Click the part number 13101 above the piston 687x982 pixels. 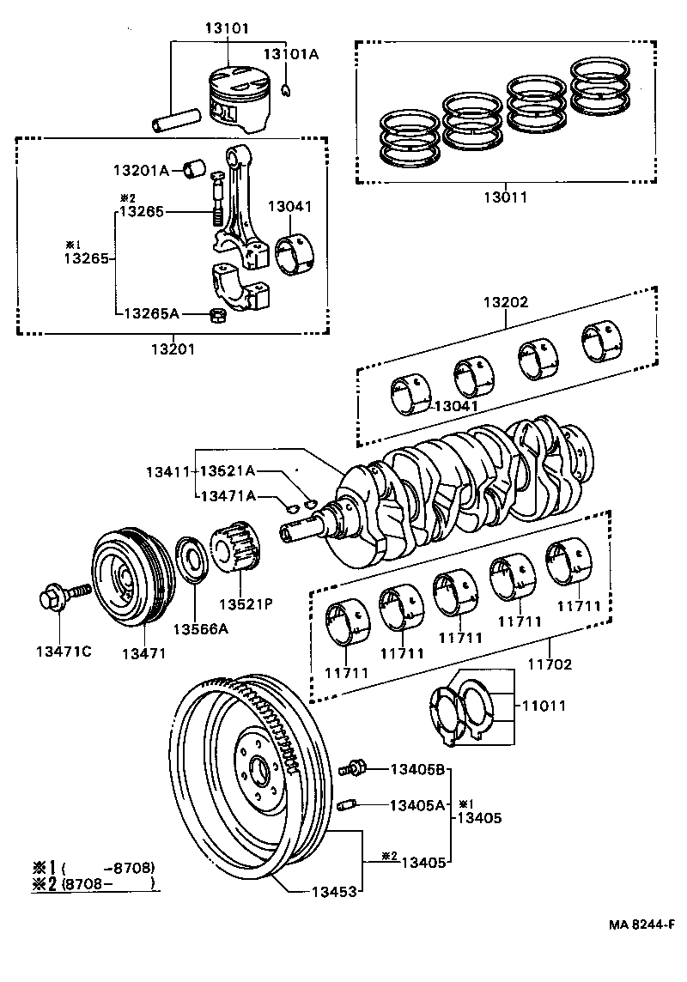[x=227, y=27]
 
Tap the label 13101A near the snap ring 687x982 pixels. [x=290, y=54]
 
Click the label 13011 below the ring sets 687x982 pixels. [x=505, y=197]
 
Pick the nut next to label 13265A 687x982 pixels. [x=218, y=314]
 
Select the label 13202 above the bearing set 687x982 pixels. [x=505, y=302]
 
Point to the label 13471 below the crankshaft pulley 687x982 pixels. [x=143, y=653]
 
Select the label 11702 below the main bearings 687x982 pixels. [x=550, y=664]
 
